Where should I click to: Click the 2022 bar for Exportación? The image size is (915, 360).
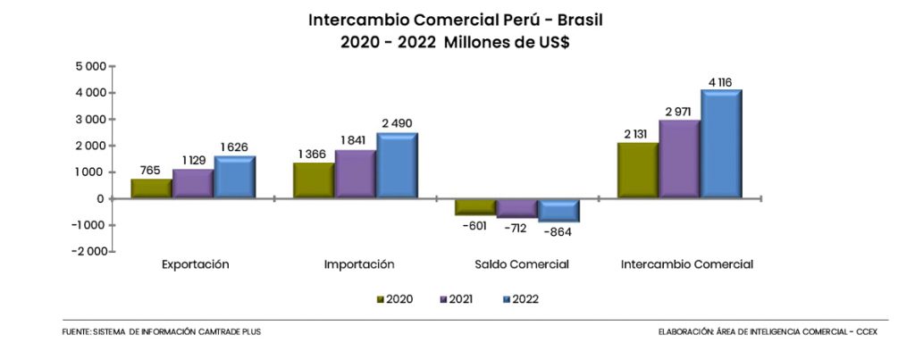(x=234, y=177)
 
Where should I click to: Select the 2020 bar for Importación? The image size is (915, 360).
(x=314, y=180)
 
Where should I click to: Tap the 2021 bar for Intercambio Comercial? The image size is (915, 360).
(x=678, y=158)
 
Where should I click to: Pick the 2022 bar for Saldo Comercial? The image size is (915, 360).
(x=558, y=210)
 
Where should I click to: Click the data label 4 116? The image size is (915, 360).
(x=720, y=82)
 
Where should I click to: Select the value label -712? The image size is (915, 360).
(x=518, y=228)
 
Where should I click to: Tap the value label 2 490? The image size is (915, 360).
(x=397, y=123)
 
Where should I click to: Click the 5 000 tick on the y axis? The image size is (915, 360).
(x=91, y=66)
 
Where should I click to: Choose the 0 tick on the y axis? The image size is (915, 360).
(x=102, y=198)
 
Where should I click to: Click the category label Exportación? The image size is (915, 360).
(x=196, y=264)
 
